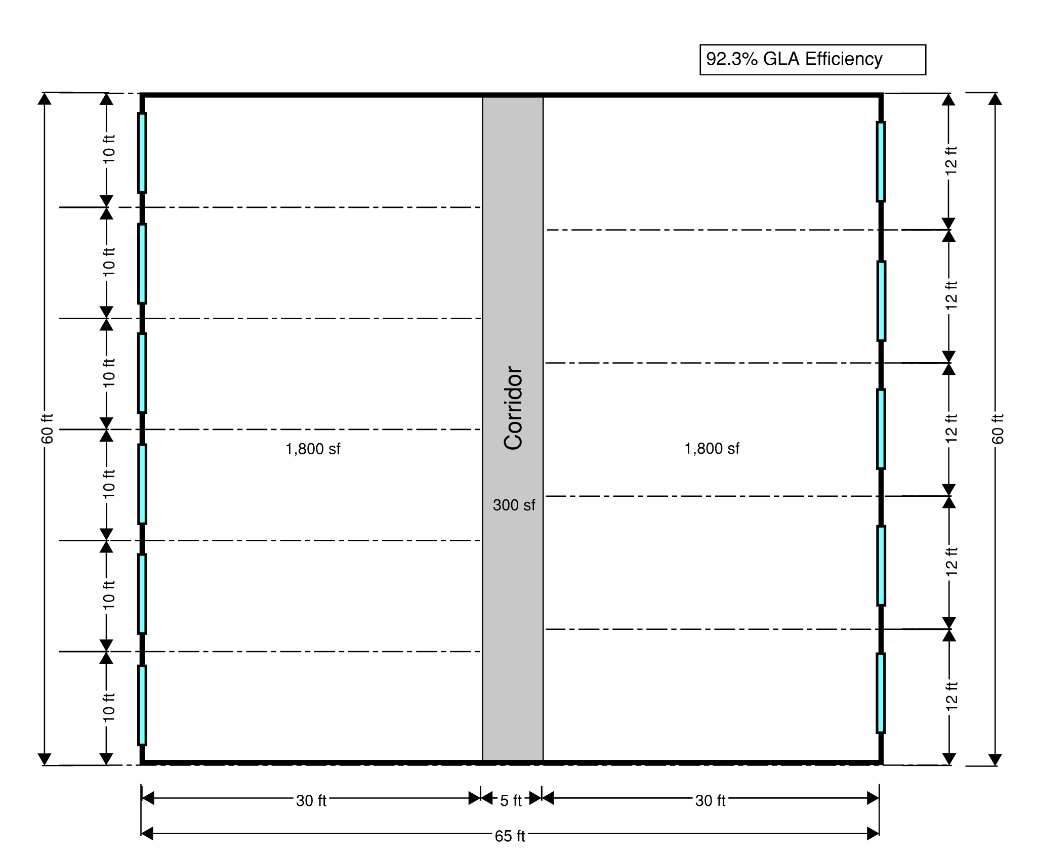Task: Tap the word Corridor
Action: coord(513,408)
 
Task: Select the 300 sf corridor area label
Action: coord(514,505)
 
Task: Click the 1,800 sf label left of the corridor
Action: coord(313,449)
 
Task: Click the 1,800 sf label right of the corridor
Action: coord(712,448)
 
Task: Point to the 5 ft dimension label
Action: coord(511,801)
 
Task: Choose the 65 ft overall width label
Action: coord(510,836)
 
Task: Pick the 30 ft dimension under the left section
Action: coord(311,801)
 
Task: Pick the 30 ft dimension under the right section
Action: coord(710,801)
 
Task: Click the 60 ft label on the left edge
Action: coord(47,429)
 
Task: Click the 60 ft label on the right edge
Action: coord(997,429)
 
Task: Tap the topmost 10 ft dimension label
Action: coord(109,149)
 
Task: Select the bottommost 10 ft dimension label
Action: coord(109,707)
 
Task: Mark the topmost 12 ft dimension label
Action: coord(951,161)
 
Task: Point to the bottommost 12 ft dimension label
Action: coord(951,697)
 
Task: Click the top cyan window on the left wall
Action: coord(142,153)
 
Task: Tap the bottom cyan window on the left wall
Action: coord(142,705)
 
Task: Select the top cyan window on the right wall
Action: coord(881,161)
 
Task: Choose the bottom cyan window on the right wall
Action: coord(881,693)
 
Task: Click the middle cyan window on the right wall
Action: coord(881,429)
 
